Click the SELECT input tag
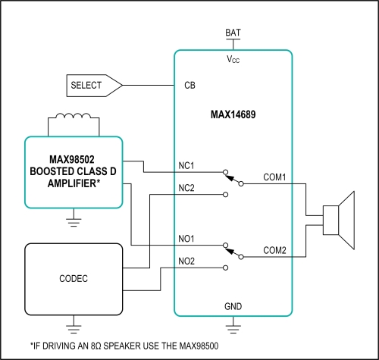(94, 86)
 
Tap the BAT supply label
(233, 33)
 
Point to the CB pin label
(189, 86)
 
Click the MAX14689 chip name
(233, 114)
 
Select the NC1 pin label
(186, 166)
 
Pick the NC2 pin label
(186, 188)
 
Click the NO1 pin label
(186, 239)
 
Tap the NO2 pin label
(186, 261)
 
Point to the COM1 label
(274, 177)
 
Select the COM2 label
(274, 250)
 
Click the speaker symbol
(339, 221)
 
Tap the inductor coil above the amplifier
(74, 116)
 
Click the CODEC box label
(74, 279)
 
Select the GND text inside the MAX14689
(233, 306)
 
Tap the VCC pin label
(233, 59)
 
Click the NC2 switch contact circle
(226, 195)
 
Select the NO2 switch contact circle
(226, 268)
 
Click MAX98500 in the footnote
(199, 346)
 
